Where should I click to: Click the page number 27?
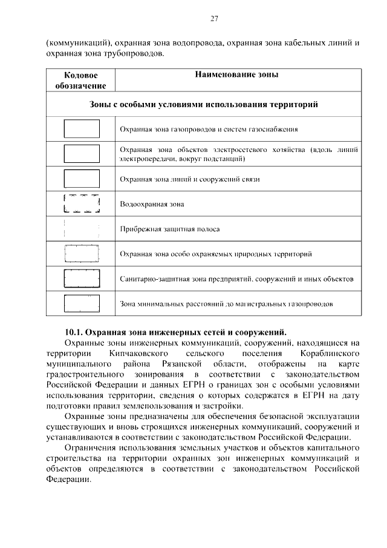click(214, 18)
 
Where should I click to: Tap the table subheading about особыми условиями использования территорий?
click(204, 104)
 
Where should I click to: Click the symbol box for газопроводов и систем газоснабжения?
click(82, 129)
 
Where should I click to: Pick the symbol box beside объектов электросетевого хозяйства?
click(82, 154)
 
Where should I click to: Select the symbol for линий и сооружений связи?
click(82, 179)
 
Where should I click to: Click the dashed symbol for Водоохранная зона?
click(82, 204)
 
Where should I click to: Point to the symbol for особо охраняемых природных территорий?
click(82, 254)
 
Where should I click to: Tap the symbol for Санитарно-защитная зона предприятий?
click(82, 279)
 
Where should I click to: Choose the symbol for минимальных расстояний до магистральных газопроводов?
click(82, 303)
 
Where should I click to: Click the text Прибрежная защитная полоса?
click(169, 229)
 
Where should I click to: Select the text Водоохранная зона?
click(152, 205)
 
